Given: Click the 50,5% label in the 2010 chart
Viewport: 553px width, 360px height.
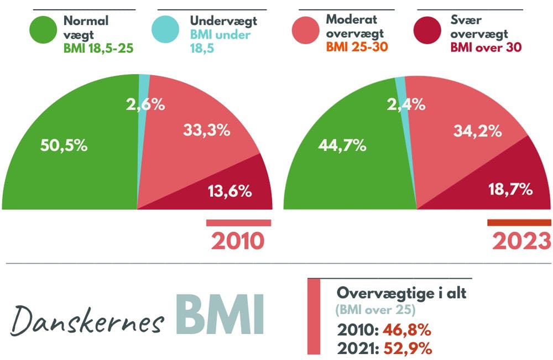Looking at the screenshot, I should pyautogui.click(x=64, y=146).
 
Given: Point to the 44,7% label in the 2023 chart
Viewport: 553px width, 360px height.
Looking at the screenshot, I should pyautogui.click(x=342, y=145).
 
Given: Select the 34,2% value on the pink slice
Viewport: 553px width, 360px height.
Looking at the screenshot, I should pyautogui.click(x=478, y=132).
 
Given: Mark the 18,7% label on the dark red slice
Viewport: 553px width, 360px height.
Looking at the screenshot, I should pyautogui.click(x=510, y=190).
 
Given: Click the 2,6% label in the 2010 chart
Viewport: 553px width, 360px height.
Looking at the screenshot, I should pyautogui.click(x=144, y=105).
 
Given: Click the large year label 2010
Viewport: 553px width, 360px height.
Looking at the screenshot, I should pyautogui.click(x=238, y=241).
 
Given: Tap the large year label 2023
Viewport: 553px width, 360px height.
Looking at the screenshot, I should pyautogui.click(x=521, y=241).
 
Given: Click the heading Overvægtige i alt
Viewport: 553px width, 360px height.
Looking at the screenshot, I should pyautogui.click(x=401, y=293).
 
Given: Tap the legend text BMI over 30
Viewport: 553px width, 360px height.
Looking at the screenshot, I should pyautogui.click(x=486, y=48).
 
